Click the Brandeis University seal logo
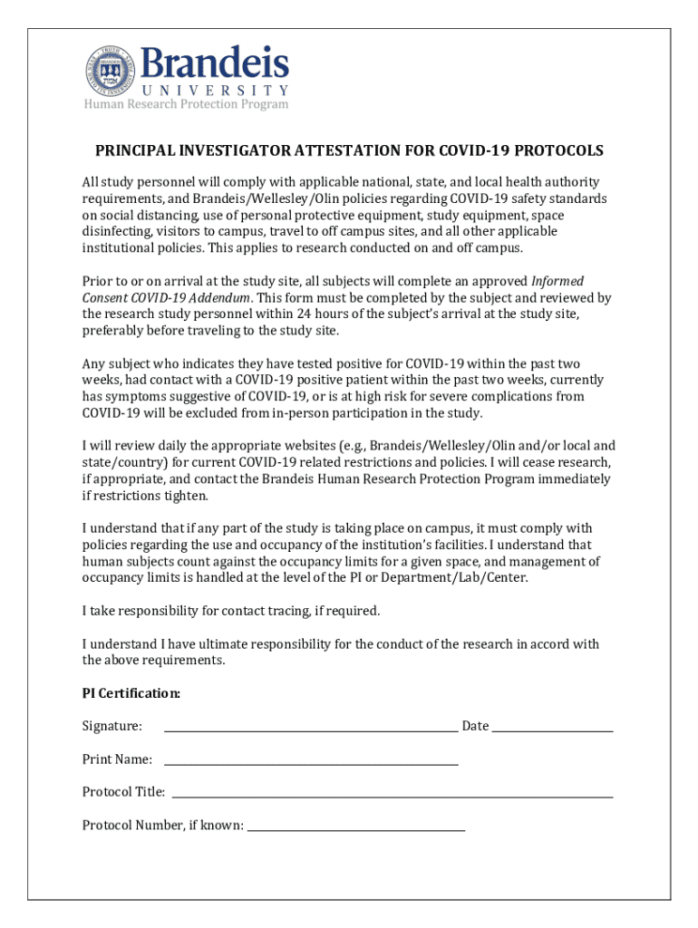pyautogui.click(x=111, y=69)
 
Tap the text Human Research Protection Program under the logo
pyautogui.click(x=186, y=104)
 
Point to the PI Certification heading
pyautogui.click(x=131, y=694)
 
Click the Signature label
pyautogui.click(x=111, y=727)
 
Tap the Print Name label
pyautogui.click(x=117, y=759)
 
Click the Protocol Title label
pyautogui.click(x=123, y=793)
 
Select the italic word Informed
pyautogui.click(x=557, y=281)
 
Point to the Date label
pyautogui.click(x=475, y=727)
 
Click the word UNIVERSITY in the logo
pyautogui.click(x=216, y=91)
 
